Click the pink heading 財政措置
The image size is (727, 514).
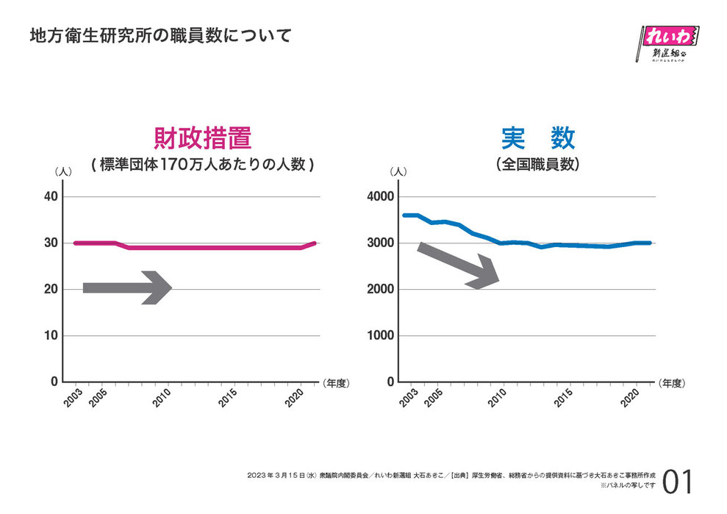coord(203,138)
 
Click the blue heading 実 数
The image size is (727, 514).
coord(538,138)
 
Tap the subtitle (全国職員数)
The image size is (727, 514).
coord(538,165)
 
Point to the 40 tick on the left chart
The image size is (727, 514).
coord(50,197)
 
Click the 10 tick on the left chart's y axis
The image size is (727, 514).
coord(50,336)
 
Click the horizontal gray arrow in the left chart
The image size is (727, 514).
coord(126,288)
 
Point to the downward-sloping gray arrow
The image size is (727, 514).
coord(459,265)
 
